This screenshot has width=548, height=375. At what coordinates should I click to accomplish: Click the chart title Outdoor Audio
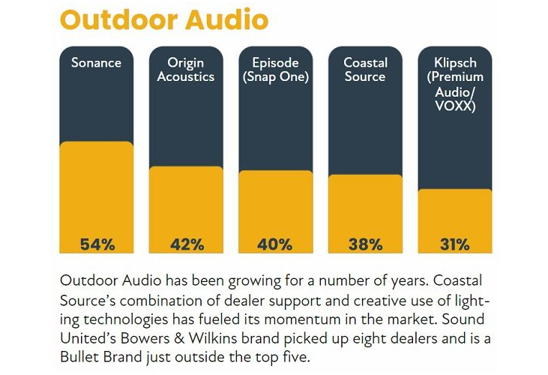pos(163,20)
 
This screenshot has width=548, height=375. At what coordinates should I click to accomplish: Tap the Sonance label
pos(96,63)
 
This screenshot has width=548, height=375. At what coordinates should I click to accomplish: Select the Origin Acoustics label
pos(186,70)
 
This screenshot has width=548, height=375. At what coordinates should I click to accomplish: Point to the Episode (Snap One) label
pos(275,70)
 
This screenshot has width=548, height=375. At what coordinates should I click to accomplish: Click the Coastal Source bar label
pos(365,70)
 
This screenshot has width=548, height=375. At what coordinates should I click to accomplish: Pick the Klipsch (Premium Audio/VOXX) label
pos(454,83)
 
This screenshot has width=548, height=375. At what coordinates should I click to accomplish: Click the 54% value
pos(96,244)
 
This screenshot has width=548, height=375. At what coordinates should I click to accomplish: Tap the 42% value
pos(186,244)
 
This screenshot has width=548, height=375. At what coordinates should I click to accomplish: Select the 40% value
pos(275,244)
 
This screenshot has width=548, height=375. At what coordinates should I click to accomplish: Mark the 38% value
pos(365,244)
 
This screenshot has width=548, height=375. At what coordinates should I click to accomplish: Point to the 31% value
pos(454,244)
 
